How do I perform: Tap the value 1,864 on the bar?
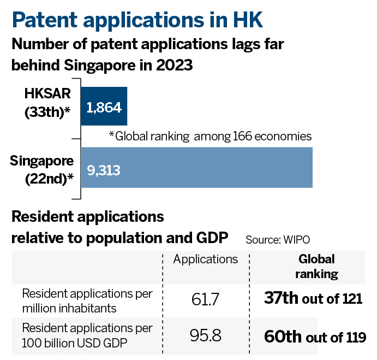point(103,107)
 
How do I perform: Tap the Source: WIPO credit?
point(282,239)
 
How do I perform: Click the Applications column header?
point(206,259)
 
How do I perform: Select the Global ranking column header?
point(316,266)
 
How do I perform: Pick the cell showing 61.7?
point(206,299)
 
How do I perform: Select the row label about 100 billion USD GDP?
point(87,335)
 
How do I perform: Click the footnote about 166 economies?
point(210,135)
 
